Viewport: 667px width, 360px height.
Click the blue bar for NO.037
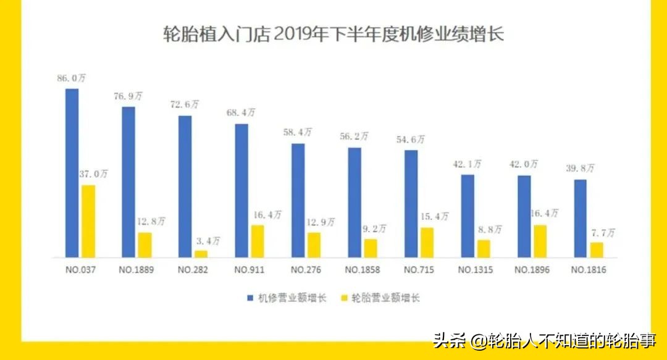click(x=72, y=173)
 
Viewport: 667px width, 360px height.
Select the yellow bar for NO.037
click(x=88, y=221)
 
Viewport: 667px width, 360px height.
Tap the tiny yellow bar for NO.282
click(x=201, y=254)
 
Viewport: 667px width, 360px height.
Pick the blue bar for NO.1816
click(x=581, y=218)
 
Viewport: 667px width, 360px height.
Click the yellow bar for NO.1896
click(x=540, y=241)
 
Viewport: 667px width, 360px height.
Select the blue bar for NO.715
click(x=411, y=203)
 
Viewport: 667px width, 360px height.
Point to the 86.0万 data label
click(x=72, y=78)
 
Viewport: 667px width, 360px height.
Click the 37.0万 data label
click(x=93, y=175)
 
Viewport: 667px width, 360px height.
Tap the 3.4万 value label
click(x=206, y=240)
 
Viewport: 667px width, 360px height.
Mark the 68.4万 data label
click(x=241, y=113)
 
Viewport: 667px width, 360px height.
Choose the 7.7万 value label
click(x=602, y=233)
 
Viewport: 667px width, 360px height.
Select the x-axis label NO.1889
click(x=136, y=270)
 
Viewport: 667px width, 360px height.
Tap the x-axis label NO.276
click(x=306, y=270)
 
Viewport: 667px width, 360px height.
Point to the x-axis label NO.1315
click(x=476, y=270)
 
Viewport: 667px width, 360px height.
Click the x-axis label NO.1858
click(x=363, y=270)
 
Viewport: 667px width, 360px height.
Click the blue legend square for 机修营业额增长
click(x=251, y=298)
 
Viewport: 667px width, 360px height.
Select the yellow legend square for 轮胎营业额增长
click(x=345, y=298)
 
